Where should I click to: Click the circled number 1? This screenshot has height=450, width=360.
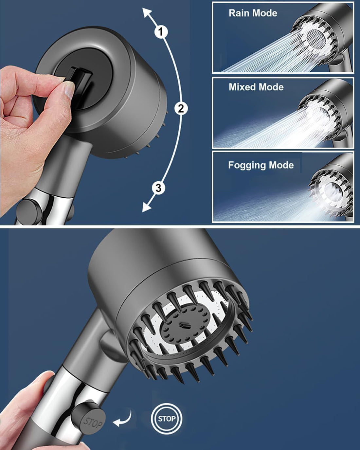click(x=161, y=32)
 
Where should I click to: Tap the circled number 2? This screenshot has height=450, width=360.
click(x=181, y=108)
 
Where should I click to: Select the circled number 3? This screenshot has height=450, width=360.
click(x=159, y=188)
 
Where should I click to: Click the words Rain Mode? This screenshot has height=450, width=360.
click(x=253, y=13)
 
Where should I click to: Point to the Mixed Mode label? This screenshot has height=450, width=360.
click(x=256, y=87)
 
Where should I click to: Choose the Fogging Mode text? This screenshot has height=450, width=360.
click(x=261, y=165)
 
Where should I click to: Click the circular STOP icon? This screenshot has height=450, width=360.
click(x=167, y=419)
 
